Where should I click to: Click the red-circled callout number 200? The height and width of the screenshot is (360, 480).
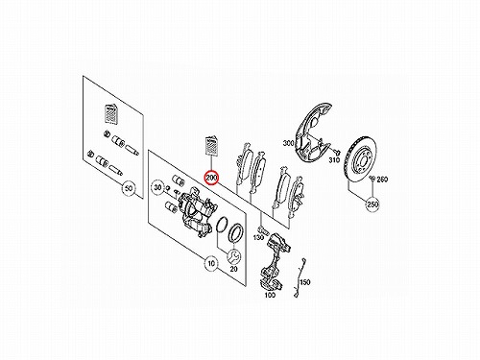(211, 178)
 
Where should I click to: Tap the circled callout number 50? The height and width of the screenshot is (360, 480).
(129, 188)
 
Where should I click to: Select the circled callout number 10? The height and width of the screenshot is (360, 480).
(211, 264)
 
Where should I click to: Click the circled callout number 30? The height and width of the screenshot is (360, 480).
(157, 187)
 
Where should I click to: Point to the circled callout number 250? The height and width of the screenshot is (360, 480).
(373, 204)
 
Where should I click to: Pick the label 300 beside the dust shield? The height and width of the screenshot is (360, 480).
(289, 143)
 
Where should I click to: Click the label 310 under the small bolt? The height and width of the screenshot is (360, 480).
(334, 160)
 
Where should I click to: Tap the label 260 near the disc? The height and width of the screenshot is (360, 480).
(382, 180)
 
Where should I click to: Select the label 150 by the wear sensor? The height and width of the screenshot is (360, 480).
(305, 282)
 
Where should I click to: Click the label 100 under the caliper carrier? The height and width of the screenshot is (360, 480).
(270, 295)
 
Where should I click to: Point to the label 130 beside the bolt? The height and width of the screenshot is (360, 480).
(258, 237)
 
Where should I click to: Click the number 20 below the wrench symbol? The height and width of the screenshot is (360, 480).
(234, 269)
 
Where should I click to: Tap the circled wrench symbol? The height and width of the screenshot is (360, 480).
(234, 256)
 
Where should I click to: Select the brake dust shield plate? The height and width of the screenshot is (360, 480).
(313, 131)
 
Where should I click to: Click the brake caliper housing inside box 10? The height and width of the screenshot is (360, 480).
(196, 213)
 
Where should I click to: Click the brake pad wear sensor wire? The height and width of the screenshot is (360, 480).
(299, 277)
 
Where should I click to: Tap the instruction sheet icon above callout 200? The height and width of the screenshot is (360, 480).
(211, 146)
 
